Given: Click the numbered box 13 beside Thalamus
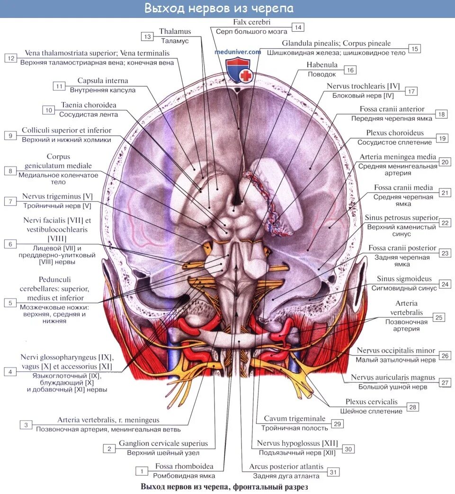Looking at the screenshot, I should (148, 36).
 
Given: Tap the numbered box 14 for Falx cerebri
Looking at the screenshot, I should (297, 27).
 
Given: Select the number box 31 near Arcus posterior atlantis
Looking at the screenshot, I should (334, 472).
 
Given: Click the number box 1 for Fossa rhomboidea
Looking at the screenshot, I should (141, 471).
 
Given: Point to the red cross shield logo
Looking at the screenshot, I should (238, 71).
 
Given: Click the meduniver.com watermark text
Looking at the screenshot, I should (238, 52).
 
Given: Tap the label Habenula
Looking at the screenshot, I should (322, 65).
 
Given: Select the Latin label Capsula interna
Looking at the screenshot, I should (103, 81).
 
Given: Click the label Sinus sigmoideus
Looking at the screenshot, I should (404, 279).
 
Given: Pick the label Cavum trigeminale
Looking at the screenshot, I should (294, 419).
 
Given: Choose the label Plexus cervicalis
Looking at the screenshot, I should (371, 402).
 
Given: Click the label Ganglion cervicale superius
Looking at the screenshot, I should (163, 443).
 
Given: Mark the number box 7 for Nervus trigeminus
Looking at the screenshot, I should (10, 201).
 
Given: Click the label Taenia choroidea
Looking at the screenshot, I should (89, 105).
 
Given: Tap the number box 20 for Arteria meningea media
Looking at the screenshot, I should (445, 162).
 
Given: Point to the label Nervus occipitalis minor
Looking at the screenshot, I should (396, 351).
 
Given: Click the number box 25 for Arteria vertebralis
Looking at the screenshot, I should (439, 318).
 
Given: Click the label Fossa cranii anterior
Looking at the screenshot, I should (385, 109).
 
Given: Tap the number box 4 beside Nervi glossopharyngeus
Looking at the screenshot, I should (10, 372).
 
